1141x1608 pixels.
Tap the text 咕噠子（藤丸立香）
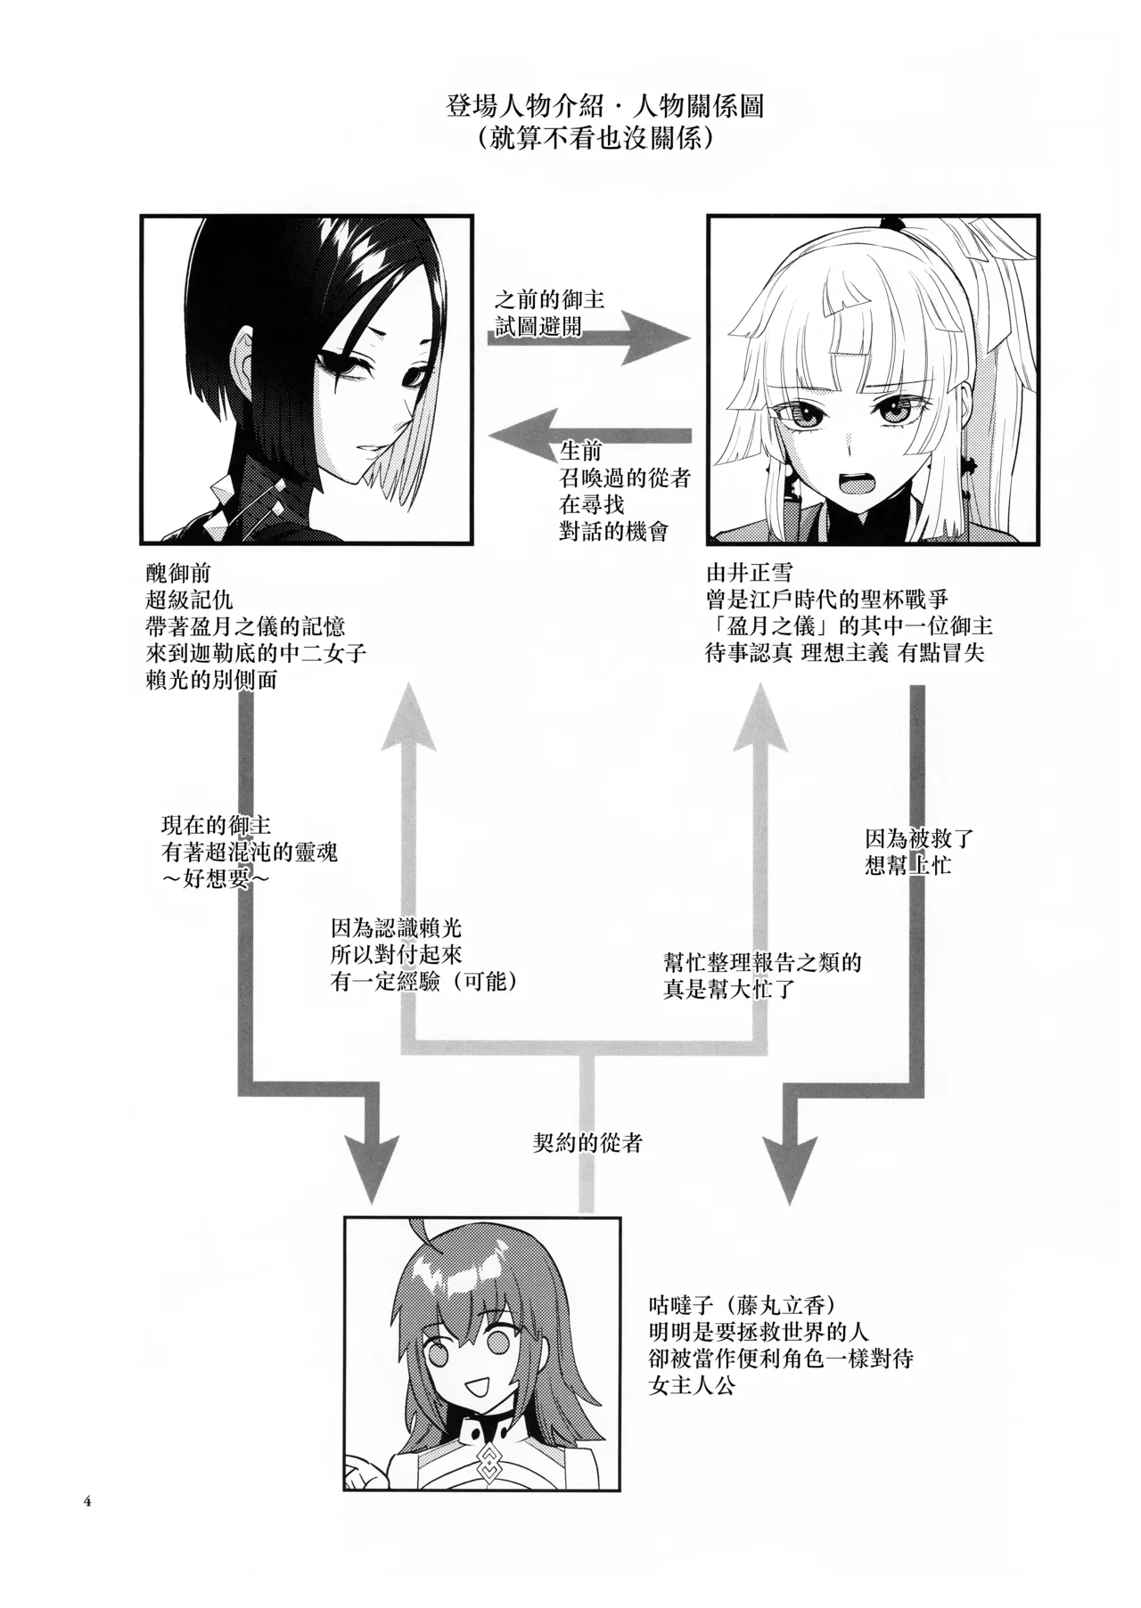click(743, 1306)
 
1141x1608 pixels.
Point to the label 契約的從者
click(587, 1143)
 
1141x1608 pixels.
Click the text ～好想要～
click(216, 880)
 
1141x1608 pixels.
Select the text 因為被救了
click(919, 838)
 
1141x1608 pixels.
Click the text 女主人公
click(693, 1386)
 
